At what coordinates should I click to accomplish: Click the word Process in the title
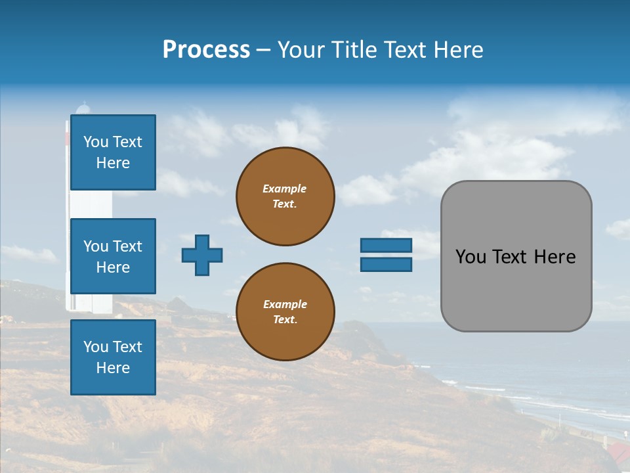click(x=206, y=50)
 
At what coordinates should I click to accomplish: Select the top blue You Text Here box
click(x=113, y=152)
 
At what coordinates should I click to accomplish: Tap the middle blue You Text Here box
click(x=113, y=256)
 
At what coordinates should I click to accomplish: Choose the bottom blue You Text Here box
click(x=113, y=357)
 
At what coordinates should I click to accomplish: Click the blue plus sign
click(x=202, y=255)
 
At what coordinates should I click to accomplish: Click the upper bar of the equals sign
click(x=387, y=245)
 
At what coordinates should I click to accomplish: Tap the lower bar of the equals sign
click(x=387, y=264)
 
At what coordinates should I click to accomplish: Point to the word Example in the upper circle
click(x=285, y=189)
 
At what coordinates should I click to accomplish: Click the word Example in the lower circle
click(x=285, y=304)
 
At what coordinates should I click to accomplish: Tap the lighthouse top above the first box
click(x=83, y=108)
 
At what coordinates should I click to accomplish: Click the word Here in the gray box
click(x=555, y=257)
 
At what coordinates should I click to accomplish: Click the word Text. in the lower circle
click(x=285, y=320)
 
